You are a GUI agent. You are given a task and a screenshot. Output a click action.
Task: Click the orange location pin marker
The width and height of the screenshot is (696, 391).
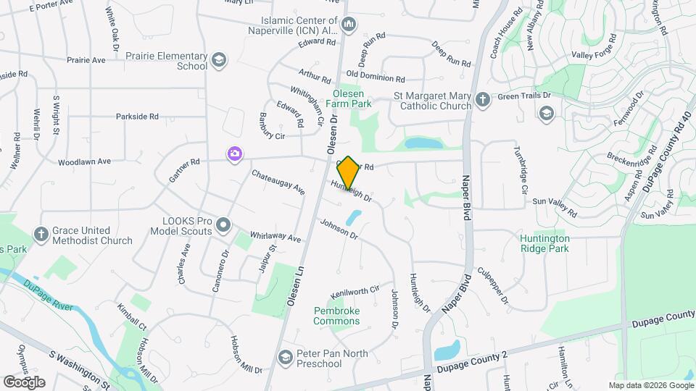[x=348, y=172]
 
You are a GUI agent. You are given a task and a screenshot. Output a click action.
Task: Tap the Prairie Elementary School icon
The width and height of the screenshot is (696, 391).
[x=219, y=60]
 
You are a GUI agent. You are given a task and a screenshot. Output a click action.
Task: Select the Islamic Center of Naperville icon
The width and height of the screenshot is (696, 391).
[x=349, y=25]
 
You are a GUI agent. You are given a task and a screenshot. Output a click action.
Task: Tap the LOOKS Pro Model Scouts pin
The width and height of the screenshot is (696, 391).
[x=223, y=225]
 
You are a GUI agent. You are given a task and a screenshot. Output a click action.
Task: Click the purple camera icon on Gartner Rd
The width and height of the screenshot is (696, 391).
[x=234, y=154]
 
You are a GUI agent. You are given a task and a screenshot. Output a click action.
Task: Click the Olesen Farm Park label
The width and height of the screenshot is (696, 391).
[x=352, y=98]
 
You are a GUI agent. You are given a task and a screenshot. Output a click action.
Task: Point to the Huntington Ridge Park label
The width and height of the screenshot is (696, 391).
[x=545, y=243]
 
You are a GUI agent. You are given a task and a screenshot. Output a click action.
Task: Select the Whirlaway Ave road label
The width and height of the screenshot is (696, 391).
[x=275, y=237]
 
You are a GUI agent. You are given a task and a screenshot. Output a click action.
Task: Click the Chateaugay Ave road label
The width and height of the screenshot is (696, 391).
[x=278, y=182]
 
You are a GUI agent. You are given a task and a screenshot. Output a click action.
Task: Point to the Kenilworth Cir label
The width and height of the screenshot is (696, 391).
[x=355, y=292]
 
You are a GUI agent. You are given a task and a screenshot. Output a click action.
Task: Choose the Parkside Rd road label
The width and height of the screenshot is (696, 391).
[x=137, y=117]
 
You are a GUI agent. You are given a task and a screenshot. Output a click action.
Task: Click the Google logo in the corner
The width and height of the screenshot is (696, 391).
[x=24, y=382]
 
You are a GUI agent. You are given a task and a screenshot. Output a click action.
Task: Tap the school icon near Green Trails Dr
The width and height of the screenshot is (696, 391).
[x=546, y=112]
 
